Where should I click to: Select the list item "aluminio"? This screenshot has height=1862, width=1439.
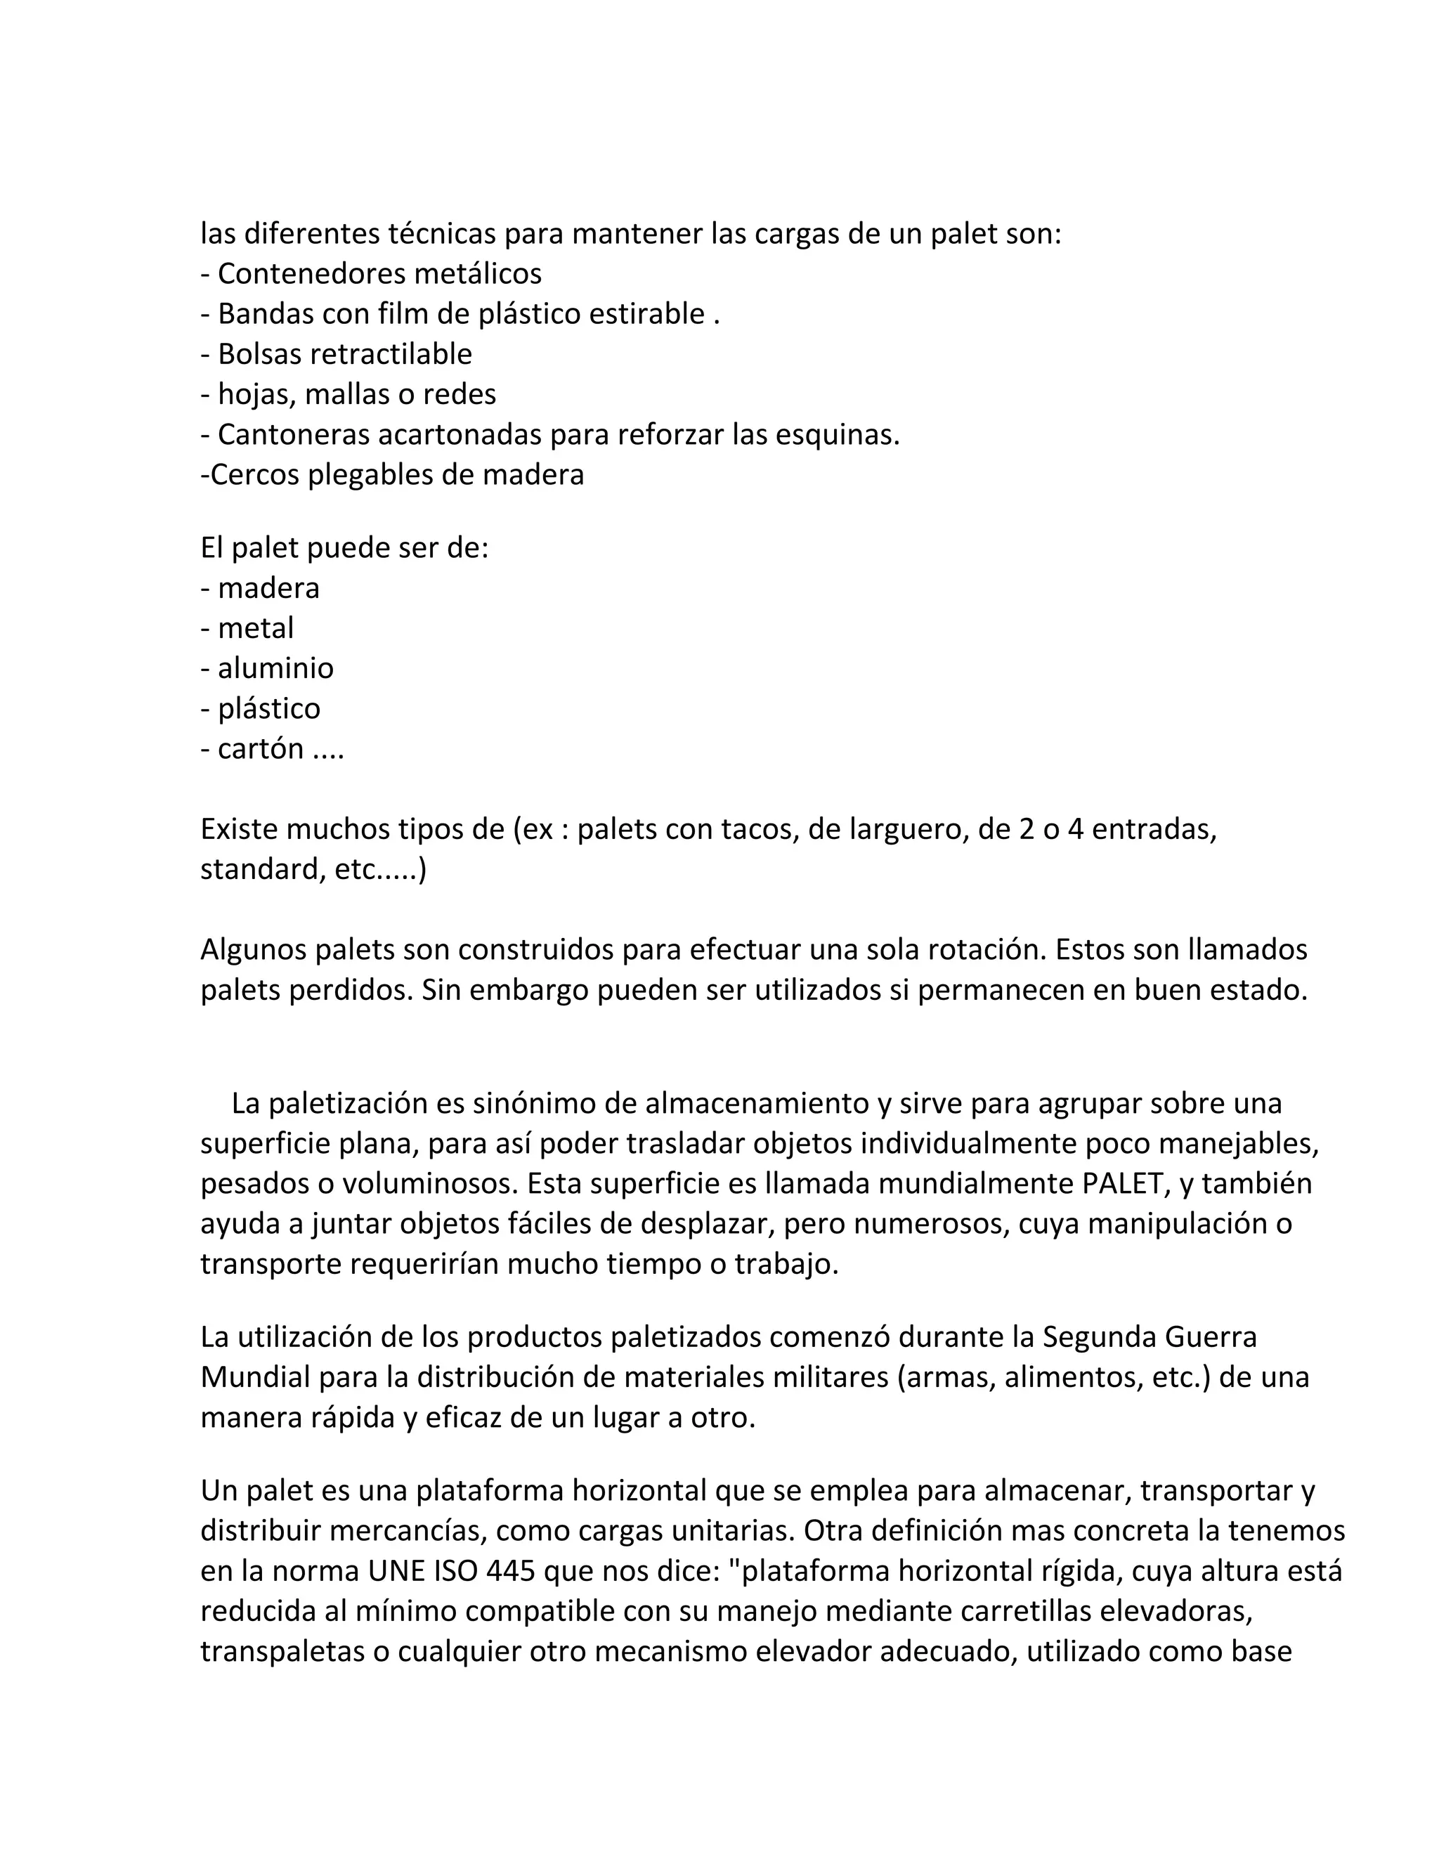click(x=275, y=668)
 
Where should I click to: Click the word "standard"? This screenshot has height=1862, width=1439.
click(x=256, y=870)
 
